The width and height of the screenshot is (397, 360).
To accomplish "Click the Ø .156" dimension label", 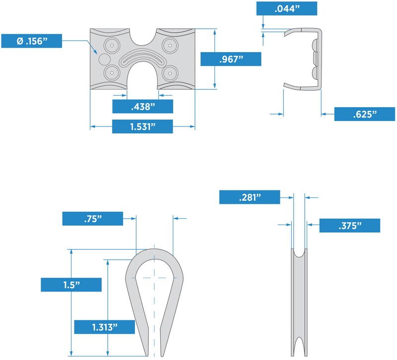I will click(x=31, y=41).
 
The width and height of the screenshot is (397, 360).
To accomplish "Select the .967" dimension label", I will click(x=231, y=59).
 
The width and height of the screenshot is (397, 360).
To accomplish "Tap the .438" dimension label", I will click(x=142, y=106).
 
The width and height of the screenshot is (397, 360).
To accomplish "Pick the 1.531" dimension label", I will click(x=142, y=126).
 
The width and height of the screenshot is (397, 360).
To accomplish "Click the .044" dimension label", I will click(x=286, y=9).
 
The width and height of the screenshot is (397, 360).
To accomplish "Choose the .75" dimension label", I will click(x=92, y=219).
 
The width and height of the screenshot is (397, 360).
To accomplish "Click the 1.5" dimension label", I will click(x=71, y=285).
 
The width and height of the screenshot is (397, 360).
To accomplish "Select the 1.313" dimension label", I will click(x=104, y=327).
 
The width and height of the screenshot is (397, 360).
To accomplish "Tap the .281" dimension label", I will click(x=249, y=197).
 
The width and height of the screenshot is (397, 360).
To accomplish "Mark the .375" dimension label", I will click(x=349, y=226).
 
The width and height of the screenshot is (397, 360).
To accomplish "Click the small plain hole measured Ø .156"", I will click(x=104, y=59).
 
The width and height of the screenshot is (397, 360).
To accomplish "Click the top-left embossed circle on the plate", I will click(x=113, y=45).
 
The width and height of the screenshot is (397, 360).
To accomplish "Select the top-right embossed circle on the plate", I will click(x=170, y=45).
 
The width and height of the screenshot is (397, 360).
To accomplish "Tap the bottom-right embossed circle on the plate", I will click(x=170, y=73).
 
